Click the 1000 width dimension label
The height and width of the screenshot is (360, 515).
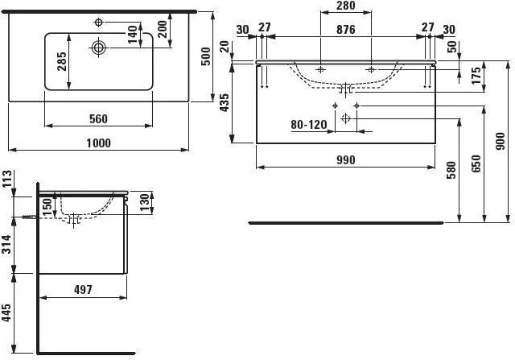(x=98, y=143)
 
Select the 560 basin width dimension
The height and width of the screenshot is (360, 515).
(x=98, y=118)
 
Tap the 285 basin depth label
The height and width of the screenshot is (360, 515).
(x=62, y=61)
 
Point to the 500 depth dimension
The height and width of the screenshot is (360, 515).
(x=206, y=56)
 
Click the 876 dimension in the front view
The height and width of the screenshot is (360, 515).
(x=346, y=30)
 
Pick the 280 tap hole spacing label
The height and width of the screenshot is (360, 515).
(x=346, y=6)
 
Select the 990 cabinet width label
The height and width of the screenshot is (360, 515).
(x=346, y=160)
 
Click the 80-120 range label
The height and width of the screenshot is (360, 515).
(x=309, y=125)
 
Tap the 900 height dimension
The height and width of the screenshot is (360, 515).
(x=500, y=142)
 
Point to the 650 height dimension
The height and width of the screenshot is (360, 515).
(x=476, y=163)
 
